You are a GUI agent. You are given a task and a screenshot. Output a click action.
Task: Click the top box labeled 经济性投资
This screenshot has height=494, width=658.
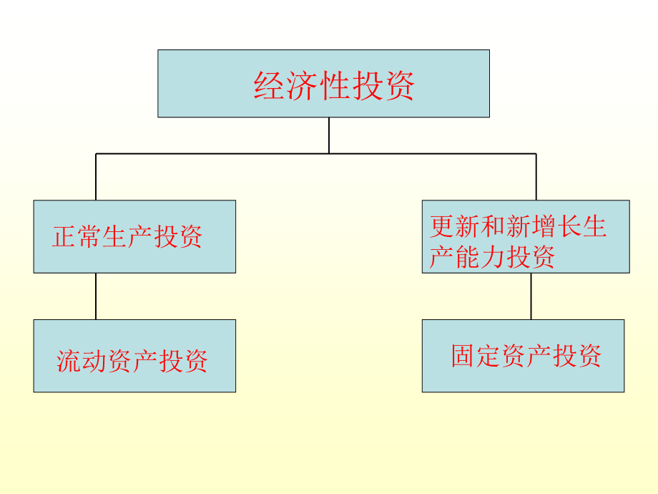pyautogui.click(x=323, y=83)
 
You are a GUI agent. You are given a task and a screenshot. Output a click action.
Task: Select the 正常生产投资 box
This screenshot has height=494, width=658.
pyautogui.click(x=134, y=236)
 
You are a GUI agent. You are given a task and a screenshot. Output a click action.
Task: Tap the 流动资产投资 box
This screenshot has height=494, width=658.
pyautogui.click(x=134, y=356)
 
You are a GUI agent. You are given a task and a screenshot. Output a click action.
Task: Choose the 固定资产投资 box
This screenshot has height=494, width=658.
pyautogui.click(x=524, y=356)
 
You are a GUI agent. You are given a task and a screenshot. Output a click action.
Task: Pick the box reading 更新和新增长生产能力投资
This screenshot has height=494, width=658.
pyautogui.click(x=526, y=236)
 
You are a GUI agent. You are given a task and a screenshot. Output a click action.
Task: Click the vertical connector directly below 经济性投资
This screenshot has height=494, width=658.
pyautogui.click(x=329, y=135)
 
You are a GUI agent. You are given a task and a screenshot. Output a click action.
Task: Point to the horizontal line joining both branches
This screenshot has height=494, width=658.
pyautogui.click(x=316, y=154)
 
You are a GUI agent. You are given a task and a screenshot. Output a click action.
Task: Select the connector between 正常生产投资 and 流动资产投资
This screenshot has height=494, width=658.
pyautogui.click(x=96, y=296)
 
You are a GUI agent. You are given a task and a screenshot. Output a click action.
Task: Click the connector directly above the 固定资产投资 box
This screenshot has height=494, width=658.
pyautogui.click(x=531, y=296)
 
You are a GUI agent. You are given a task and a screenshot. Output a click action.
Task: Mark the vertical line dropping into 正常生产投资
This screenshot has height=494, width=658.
pyautogui.click(x=96, y=177)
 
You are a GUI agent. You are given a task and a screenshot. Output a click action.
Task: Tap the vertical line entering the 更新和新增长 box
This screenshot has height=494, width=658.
pyautogui.click(x=536, y=177)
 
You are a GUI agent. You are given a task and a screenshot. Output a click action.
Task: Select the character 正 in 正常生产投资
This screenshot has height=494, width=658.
pyautogui.click(x=64, y=236)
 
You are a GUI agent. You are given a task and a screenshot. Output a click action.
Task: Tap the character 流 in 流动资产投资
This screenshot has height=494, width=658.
pyautogui.click(x=69, y=361)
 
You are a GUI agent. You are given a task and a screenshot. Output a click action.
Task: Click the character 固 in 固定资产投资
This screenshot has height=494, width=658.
pyautogui.click(x=463, y=356)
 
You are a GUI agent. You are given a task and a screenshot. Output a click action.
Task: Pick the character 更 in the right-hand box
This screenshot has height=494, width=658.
pyautogui.click(x=442, y=226)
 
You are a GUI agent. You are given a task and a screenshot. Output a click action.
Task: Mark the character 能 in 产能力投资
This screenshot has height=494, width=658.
pyautogui.click(x=467, y=256)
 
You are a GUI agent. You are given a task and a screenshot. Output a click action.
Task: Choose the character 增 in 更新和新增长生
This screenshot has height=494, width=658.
pyautogui.click(x=543, y=226)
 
